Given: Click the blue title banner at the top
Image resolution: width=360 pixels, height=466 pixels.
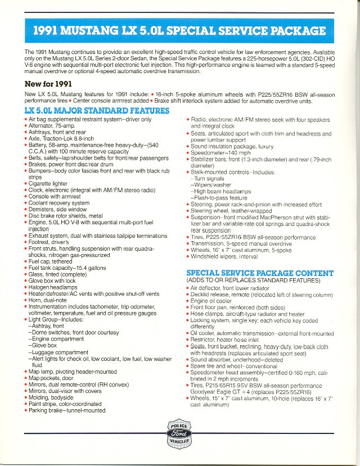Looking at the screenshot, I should [x=180, y=31].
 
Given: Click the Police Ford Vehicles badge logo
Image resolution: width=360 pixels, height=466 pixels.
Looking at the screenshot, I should [x=180, y=433].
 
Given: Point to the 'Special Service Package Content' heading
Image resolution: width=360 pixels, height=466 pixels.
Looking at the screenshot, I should [x=259, y=273].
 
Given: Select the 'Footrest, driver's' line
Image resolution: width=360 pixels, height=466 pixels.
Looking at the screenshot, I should [x=51, y=242].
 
